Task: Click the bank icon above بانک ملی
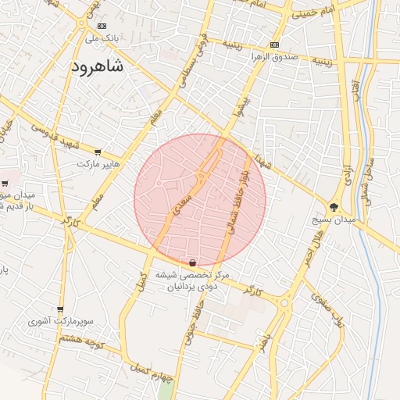(x=100, y=25)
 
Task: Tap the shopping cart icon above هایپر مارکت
(x=97, y=152)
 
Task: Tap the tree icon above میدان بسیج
(x=334, y=207)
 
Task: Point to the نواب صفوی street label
(x=327, y=309)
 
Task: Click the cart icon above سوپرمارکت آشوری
(x=60, y=309)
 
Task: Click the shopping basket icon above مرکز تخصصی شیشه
(x=192, y=262)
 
